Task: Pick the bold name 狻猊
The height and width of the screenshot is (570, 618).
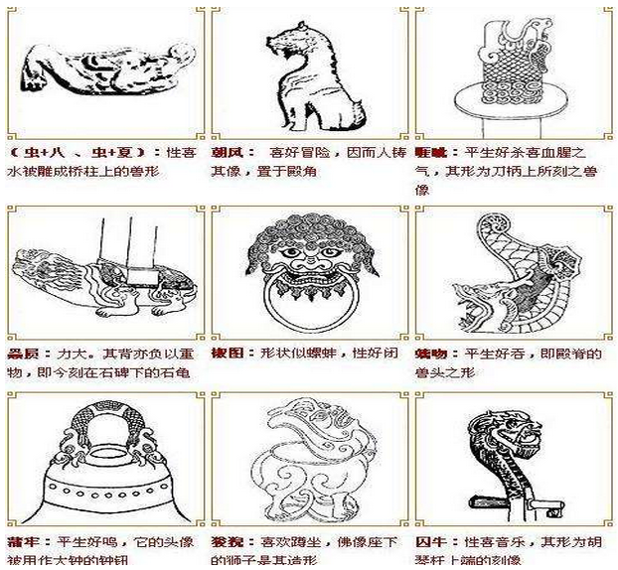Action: tap(225, 544)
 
